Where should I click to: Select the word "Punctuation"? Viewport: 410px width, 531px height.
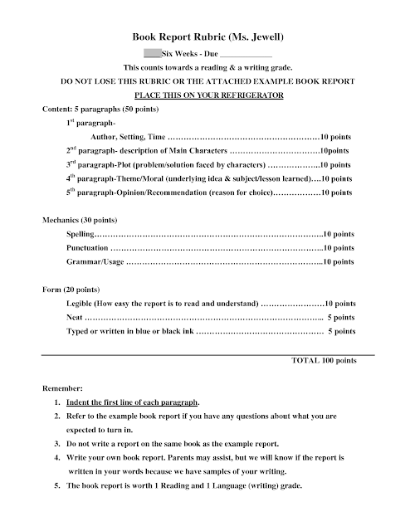pyautogui.click(x=87, y=248)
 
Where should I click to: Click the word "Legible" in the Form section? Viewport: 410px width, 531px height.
pyautogui.click(x=81, y=304)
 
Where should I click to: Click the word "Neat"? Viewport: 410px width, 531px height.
pyautogui.click(x=75, y=318)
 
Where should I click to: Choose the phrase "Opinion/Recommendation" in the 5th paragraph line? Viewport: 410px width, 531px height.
pyautogui.click(x=165, y=192)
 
